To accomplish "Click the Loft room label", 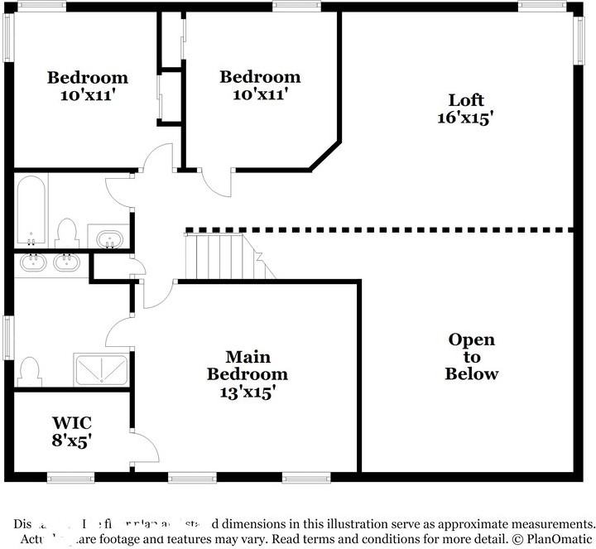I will pyautogui.click(x=465, y=100).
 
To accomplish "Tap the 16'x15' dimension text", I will pyautogui.click(x=465, y=118).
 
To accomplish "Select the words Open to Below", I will pyautogui.click(x=472, y=356).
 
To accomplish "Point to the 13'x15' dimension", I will pyautogui.click(x=248, y=392).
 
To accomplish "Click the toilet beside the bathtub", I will pyautogui.click(x=66, y=233).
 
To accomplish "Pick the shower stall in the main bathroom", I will pyautogui.click(x=102, y=370).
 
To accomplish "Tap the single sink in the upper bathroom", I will pyautogui.click(x=109, y=240).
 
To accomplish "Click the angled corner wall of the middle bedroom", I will pyautogui.click(x=325, y=156).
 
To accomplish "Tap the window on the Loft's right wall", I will pyautogui.click(x=579, y=39).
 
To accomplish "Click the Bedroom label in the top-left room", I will pyautogui.click(x=88, y=78).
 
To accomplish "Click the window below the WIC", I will pyautogui.click(x=70, y=477).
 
